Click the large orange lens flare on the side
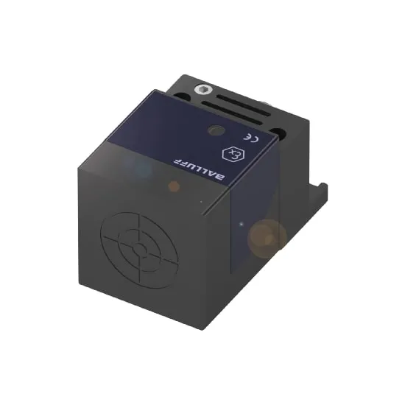(266, 237)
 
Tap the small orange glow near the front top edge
(174, 187)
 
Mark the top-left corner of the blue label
(155, 92)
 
